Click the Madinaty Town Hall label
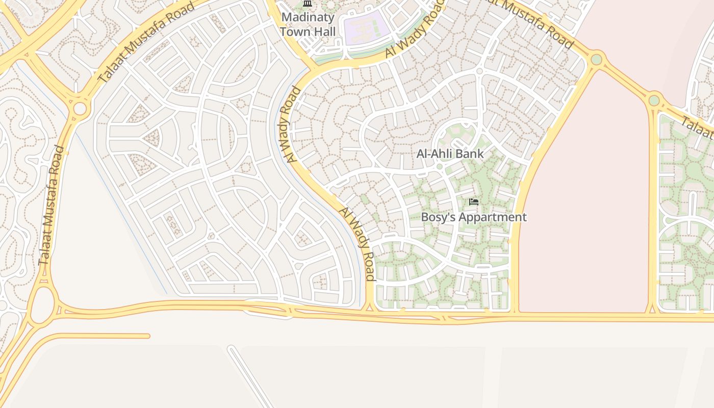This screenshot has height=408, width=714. [308, 24]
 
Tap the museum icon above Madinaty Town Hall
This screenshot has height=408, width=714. [307, 4]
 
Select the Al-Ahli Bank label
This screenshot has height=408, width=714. [450, 154]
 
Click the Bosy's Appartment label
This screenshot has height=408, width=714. [473, 217]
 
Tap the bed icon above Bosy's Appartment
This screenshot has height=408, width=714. [474, 202]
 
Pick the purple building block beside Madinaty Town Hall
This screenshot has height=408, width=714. [367, 30]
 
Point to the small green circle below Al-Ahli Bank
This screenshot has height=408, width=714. [439, 166]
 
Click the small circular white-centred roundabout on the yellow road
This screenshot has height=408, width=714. [80, 109]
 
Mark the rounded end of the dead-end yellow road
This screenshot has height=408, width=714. [147, 336]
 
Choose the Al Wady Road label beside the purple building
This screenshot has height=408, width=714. [412, 30]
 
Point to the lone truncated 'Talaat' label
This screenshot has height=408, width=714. [697, 128]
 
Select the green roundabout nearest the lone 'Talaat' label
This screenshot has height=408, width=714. [654, 100]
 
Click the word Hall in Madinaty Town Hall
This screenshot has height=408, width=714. [325, 32]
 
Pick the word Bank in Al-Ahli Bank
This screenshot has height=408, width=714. [470, 154]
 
